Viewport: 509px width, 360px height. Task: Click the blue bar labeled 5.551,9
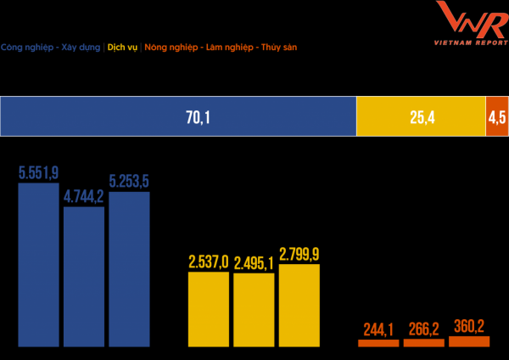38,264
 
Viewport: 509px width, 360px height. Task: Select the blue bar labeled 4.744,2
84,276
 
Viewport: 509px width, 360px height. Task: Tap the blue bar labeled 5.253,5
129,268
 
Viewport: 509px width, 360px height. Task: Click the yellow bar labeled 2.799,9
299,305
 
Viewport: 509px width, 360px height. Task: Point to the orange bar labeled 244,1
378,343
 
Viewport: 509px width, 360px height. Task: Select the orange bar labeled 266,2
423,343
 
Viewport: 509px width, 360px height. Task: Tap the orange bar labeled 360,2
469,341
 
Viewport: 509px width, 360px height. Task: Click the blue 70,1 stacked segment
178,117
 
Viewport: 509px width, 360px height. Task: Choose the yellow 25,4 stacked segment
420,117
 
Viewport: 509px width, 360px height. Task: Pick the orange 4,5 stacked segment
496,117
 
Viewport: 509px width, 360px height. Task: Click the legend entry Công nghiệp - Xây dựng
51,48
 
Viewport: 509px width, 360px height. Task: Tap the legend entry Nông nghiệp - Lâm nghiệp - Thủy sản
221,48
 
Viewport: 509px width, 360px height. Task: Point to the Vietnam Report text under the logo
471,41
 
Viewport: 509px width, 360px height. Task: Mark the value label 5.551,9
38,173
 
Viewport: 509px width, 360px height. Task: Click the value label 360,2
469,327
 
